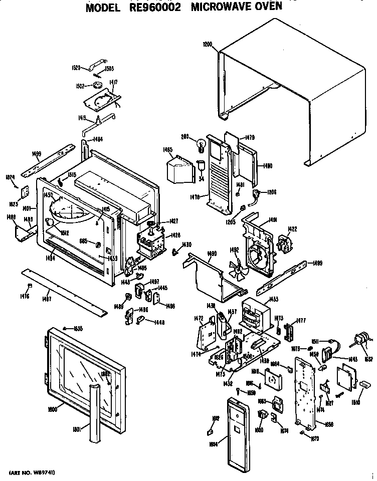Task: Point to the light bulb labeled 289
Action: [202, 143]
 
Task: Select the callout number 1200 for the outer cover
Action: [208, 44]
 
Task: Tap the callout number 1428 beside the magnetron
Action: [175, 235]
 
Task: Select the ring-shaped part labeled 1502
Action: [97, 85]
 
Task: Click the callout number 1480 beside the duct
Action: [267, 165]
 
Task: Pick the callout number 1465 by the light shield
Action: [168, 149]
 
